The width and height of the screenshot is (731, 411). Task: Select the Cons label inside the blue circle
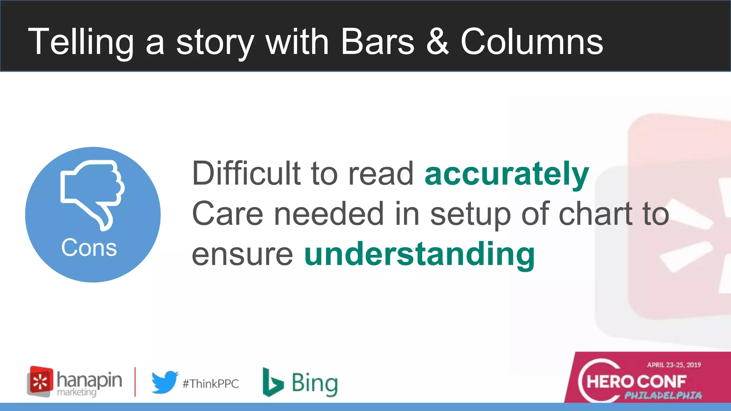click(89, 247)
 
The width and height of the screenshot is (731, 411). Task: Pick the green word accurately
click(506, 174)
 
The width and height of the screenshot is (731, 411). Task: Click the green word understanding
click(419, 254)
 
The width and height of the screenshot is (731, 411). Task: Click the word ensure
click(242, 254)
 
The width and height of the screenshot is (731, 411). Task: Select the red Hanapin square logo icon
click(40, 381)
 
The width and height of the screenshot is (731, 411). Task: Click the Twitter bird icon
click(165, 382)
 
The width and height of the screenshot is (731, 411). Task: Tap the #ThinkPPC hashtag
click(211, 384)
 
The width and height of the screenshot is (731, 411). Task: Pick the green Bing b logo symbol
click(272, 382)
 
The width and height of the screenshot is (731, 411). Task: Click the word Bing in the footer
click(314, 383)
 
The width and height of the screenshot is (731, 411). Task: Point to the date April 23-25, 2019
click(674, 365)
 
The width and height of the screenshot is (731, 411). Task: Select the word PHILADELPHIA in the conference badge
click(663, 395)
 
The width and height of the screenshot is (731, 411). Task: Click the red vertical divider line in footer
click(135, 382)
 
